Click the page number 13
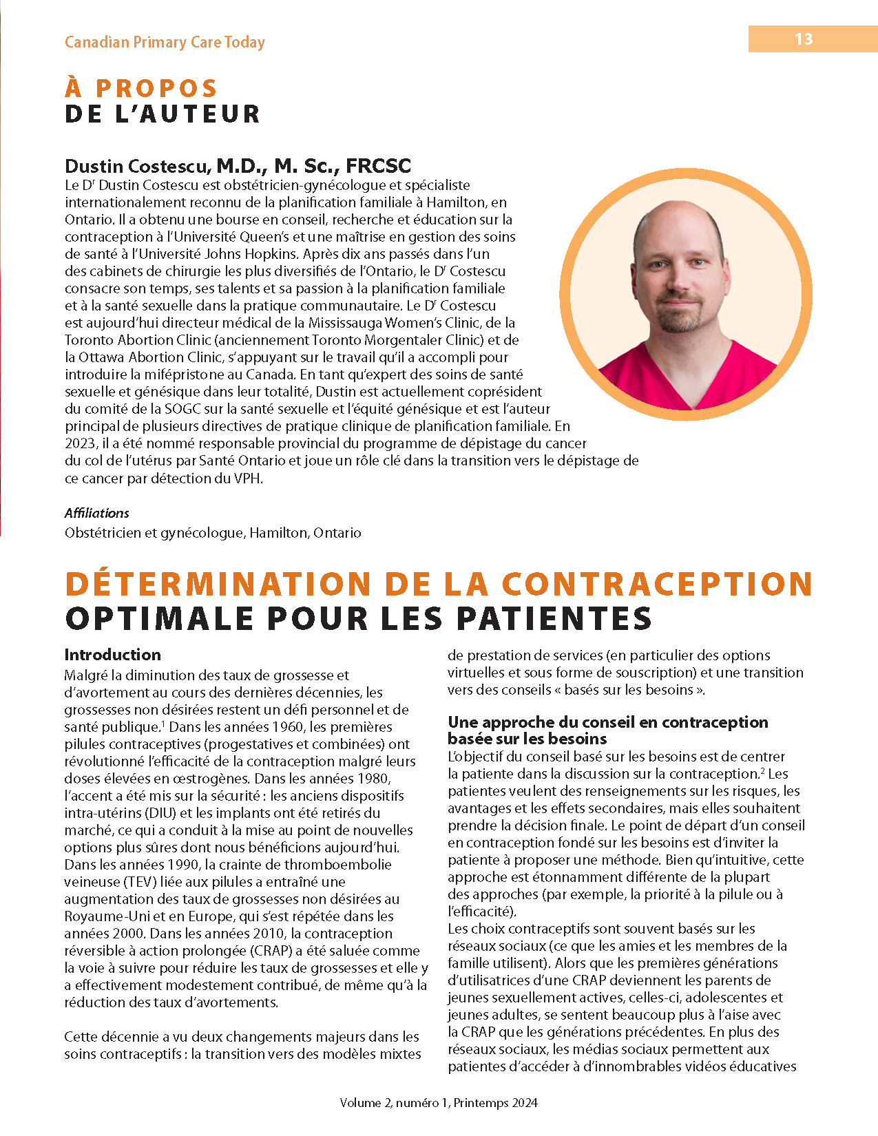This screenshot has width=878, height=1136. tap(804, 39)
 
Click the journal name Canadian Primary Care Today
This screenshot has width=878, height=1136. tap(165, 42)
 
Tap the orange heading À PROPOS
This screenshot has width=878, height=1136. tap(141, 88)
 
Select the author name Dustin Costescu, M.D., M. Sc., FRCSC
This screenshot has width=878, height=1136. tap(238, 166)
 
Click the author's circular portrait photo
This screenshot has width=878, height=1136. tap(686, 294)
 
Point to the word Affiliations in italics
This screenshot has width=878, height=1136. tap(97, 513)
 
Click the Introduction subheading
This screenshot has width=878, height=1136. tap(112, 655)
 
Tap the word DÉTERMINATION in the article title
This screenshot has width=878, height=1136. tap(218, 584)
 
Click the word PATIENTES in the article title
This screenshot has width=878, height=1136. tap(554, 618)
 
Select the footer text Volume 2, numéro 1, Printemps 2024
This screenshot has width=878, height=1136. tap(439, 1102)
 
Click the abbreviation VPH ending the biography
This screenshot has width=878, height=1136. tap(248, 478)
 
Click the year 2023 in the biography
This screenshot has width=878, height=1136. tap(80, 443)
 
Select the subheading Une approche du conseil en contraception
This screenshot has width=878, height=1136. tap(607, 722)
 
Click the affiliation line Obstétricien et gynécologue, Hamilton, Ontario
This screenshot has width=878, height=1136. tap(213, 533)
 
